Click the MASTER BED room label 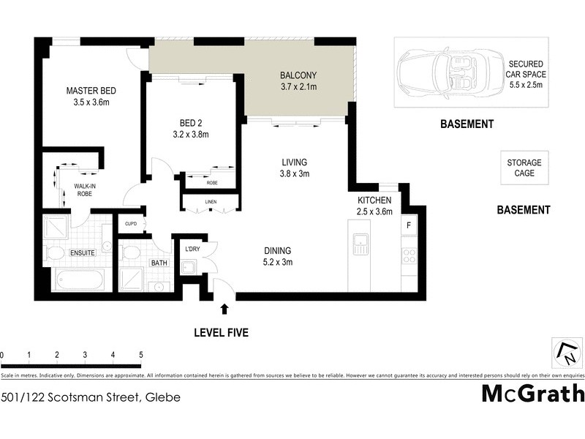point(91,91)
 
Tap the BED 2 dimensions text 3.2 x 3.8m point(190,135)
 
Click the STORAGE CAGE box point(524,168)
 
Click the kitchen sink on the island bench point(361,244)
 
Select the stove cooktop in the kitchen point(409,256)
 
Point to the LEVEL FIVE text point(221,333)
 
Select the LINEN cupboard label point(210,201)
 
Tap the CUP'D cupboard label point(132,224)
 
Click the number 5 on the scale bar point(140,355)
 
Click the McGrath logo point(532,394)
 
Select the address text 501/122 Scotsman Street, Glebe point(91,397)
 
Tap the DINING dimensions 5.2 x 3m point(278,263)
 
